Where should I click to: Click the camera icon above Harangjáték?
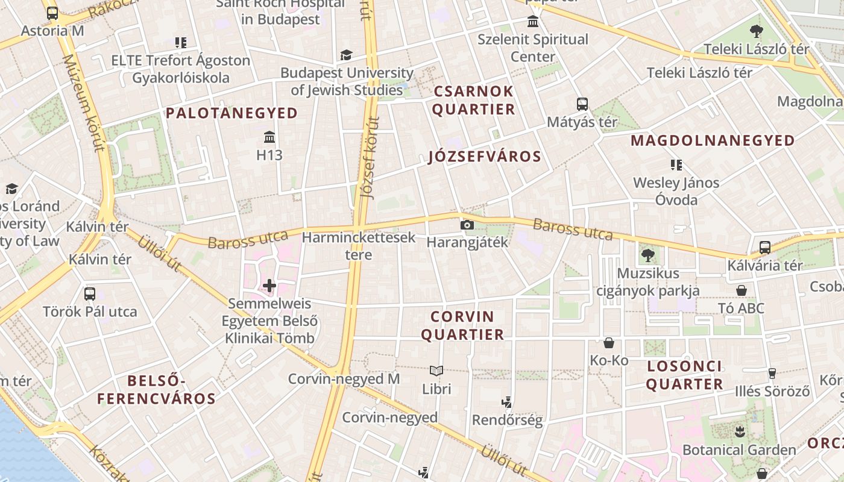click(467, 225)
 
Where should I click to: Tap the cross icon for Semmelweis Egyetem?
click(269, 285)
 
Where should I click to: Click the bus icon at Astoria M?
click(52, 13)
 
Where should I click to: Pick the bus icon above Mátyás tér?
click(582, 104)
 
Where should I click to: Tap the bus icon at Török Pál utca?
click(90, 294)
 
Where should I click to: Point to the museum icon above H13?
click(269, 137)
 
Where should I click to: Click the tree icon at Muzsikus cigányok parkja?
click(648, 255)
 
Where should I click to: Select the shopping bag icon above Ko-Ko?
click(609, 343)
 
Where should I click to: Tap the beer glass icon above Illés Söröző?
click(772, 374)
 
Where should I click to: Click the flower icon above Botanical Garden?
click(740, 431)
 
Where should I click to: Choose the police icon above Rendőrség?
click(507, 402)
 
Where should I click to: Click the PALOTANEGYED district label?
click(232, 113)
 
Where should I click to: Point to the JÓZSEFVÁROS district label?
click(485, 157)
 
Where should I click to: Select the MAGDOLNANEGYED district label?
click(713, 141)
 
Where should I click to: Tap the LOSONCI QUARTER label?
click(684, 375)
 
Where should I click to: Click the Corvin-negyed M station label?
click(344, 379)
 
